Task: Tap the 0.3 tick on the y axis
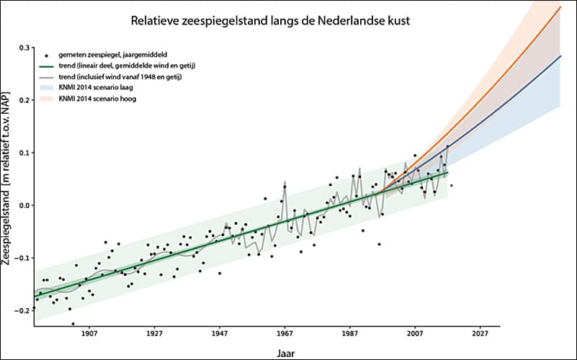click(x=24, y=48)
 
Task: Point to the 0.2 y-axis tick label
click(x=24, y=101)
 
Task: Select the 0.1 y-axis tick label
click(x=24, y=153)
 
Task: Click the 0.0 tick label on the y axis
click(x=24, y=206)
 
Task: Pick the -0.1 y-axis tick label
click(x=22, y=258)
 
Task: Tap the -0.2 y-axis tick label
click(x=22, y=310)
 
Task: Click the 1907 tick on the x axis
click(x=89, y=334)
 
